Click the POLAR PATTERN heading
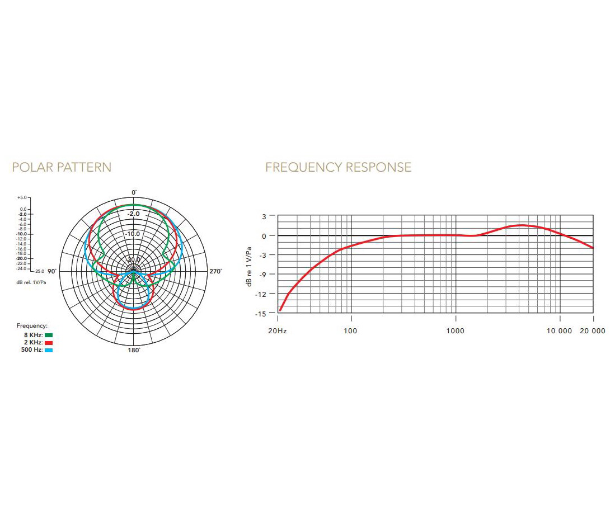pos(62,167)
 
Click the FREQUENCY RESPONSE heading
pos(338,167)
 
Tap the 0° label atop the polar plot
pos(134,192)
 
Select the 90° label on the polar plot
pos(51,271)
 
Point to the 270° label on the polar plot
pos(215,271)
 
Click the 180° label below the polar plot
pos(134,350)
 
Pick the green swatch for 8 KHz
pos(49,335)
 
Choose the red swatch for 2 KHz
pos(49,343)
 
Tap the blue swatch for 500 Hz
pos(49,350)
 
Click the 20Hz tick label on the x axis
pos(278,331)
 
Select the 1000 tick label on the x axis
pos(456,331)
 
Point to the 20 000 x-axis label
pos(592,331)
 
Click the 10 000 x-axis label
pos(560,331)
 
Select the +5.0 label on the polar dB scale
pos(22,198)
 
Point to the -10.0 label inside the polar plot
pos(133,234)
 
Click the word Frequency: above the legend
pos(32,325)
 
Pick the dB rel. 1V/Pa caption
pos(31,282)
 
